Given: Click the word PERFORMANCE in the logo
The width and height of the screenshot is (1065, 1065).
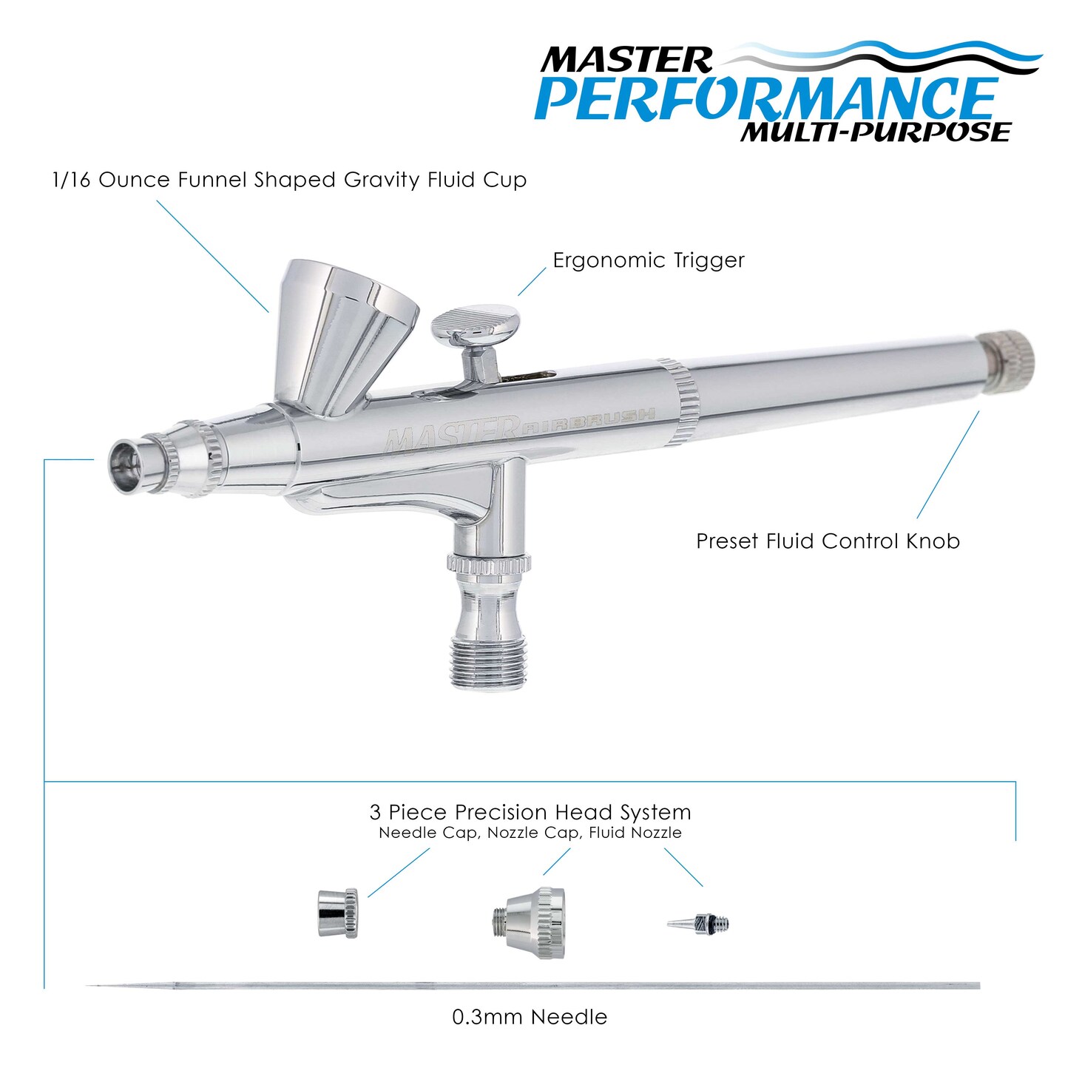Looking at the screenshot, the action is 766,100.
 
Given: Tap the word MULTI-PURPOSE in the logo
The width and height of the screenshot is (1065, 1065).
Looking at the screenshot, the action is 876,132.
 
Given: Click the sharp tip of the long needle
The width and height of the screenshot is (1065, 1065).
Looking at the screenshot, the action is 87,985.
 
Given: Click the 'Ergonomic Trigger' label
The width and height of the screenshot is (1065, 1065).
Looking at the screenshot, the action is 649,260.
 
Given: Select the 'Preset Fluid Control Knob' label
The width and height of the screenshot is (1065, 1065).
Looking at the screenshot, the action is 828,541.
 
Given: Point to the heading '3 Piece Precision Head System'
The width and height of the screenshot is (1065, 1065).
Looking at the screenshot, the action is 530,812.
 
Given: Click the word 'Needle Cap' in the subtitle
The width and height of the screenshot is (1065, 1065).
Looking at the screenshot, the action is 427,833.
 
